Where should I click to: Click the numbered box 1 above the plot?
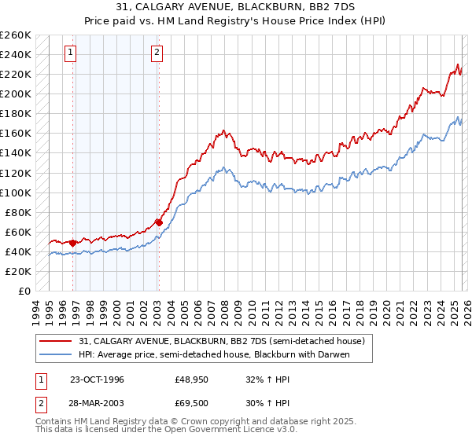click(x=71, y=53)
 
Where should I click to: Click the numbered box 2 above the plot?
click(x=157, y=53)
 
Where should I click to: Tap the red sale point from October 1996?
click(x=73, y=243)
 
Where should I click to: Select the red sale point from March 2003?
click(x=158, y=222)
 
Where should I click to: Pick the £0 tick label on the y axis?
click(x=25, y=291)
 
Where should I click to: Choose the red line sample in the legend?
click(x=57, y=342)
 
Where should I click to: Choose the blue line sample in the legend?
click(x=57, y=355)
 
